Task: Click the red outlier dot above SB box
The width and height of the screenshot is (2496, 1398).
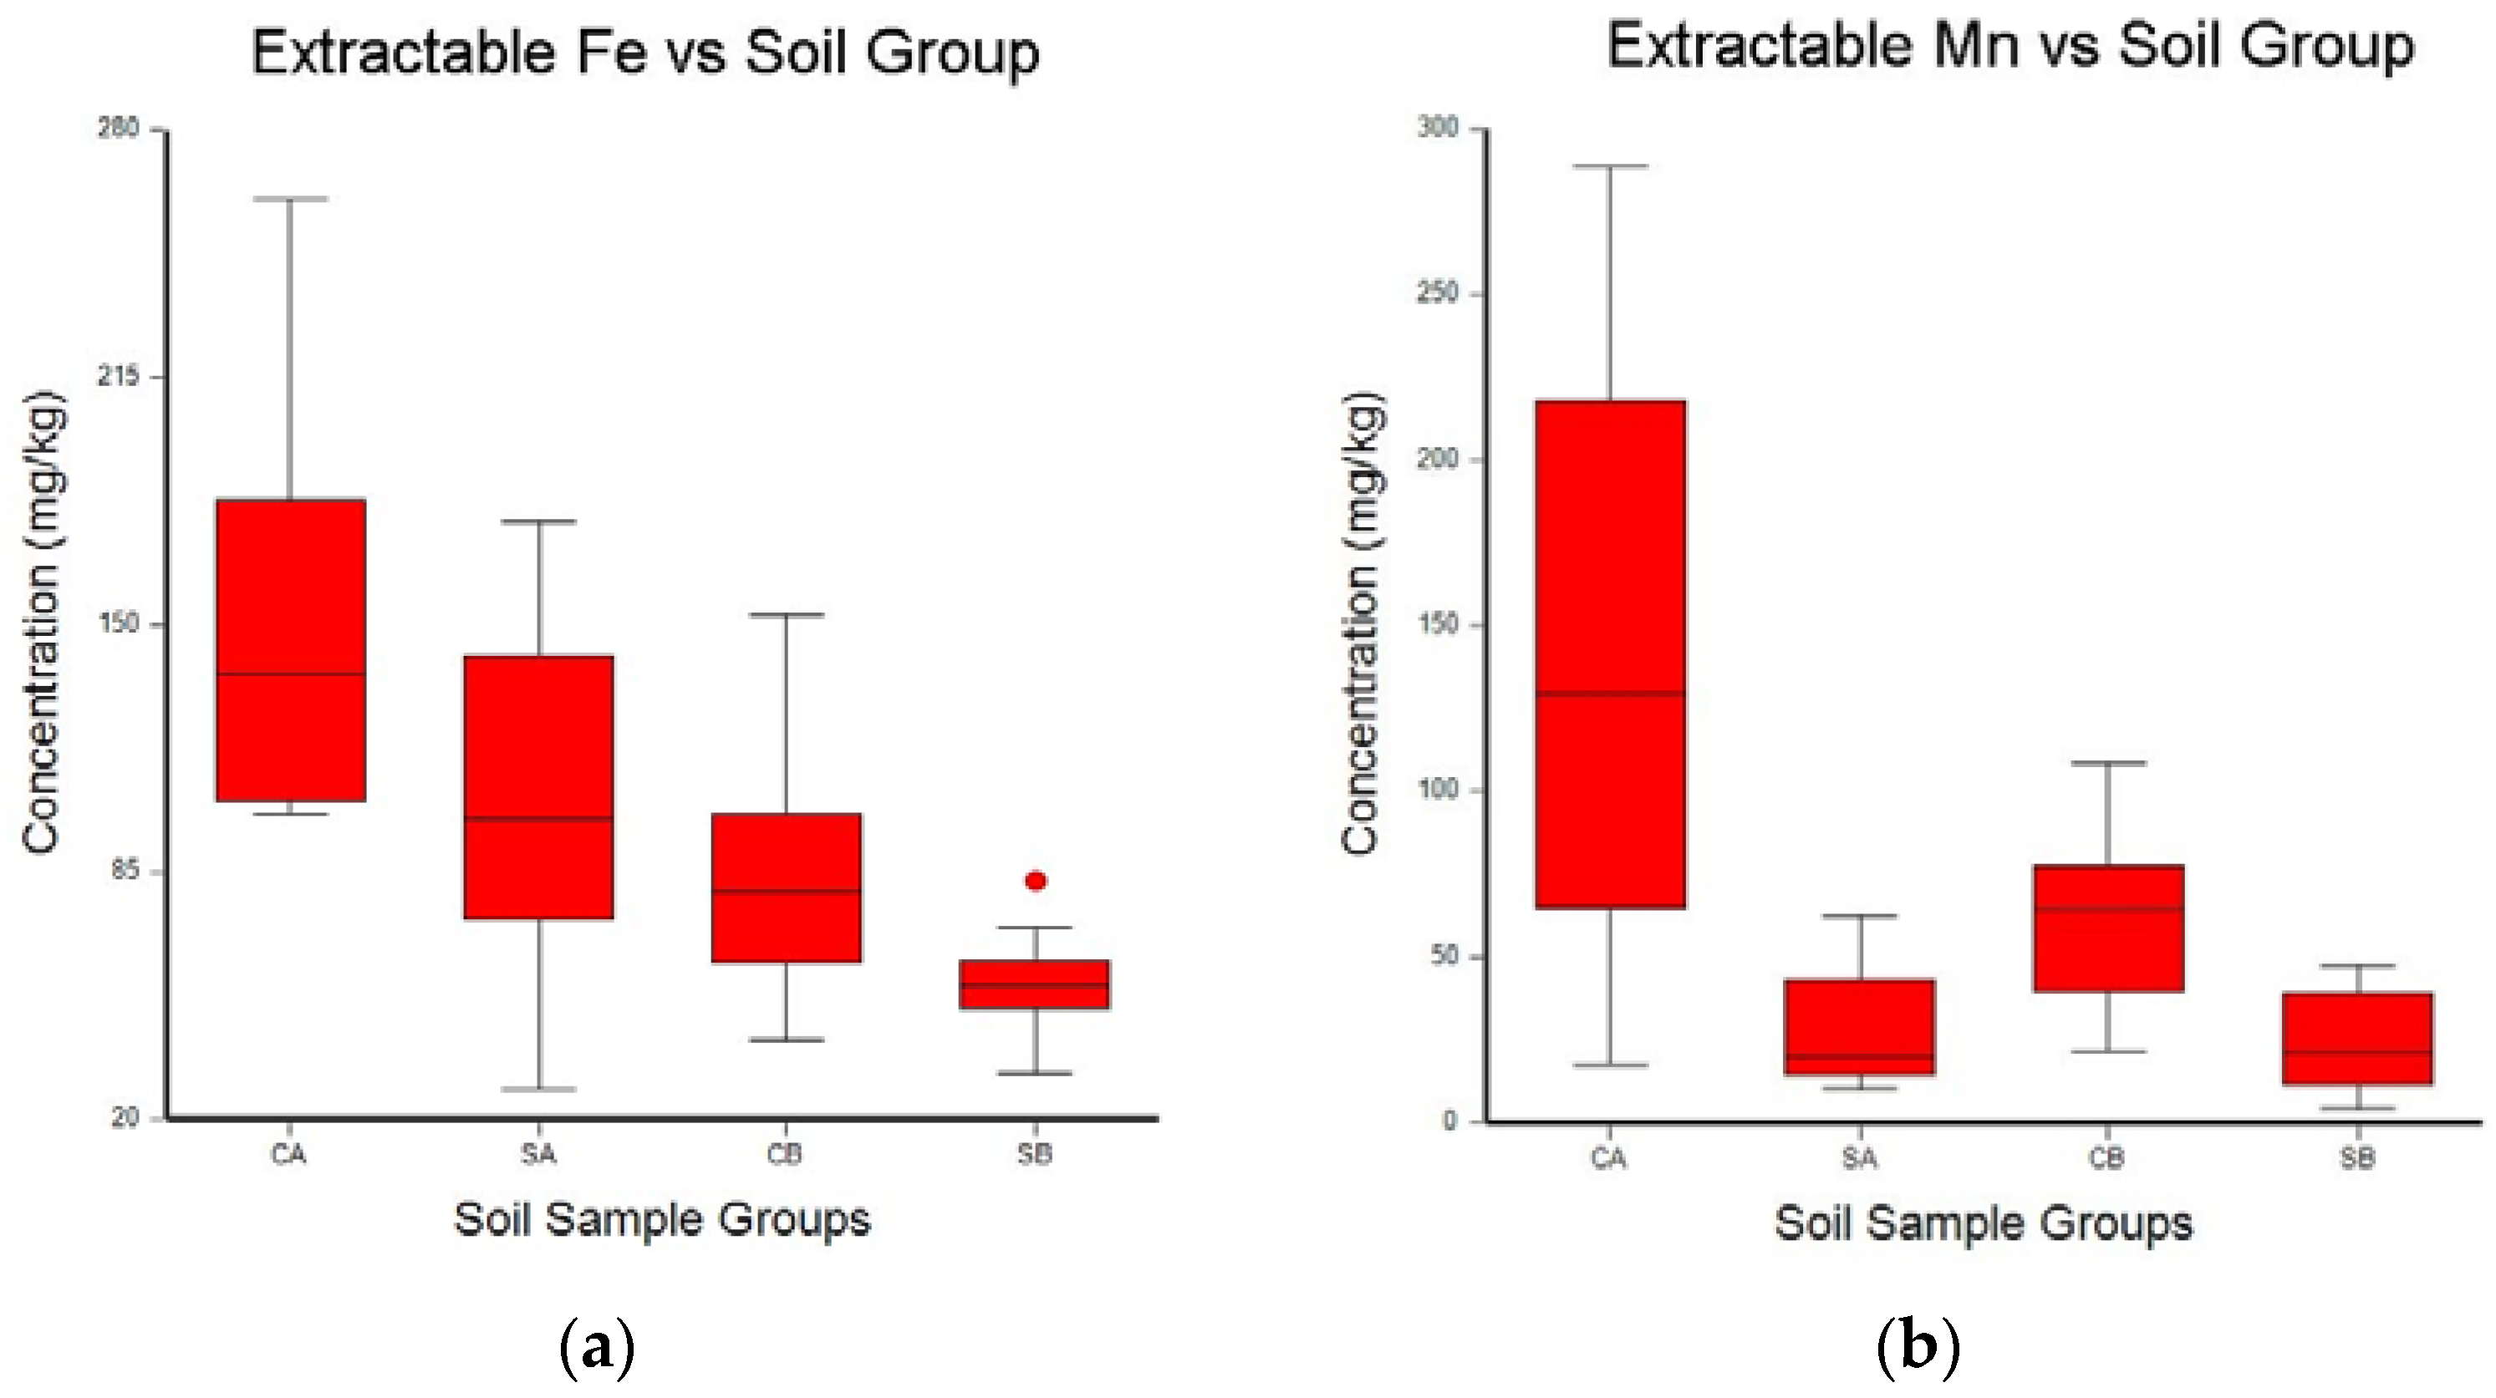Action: [1036, 881]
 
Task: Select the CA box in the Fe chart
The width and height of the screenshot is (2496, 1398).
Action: [291, 649]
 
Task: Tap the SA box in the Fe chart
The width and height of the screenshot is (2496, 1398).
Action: [538, 786]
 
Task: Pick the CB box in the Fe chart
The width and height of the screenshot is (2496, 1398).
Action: [787, 887]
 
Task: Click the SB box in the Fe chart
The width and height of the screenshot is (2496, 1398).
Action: [1035, 984]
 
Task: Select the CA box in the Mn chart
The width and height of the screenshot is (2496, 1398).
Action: [1611, 654]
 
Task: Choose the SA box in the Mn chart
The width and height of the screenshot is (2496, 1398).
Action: [1861, 1027]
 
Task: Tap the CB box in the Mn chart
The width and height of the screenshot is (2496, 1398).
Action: [2108, 928]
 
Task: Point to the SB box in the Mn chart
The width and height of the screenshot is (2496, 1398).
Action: [2358, 1039]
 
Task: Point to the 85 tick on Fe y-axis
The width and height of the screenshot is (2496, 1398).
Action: [126, 869]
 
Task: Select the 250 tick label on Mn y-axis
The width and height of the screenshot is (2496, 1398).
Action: [1437, 292]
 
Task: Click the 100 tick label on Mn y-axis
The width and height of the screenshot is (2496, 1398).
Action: [1437, 790]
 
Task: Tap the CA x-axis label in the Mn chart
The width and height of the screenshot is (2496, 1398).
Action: [1608, 1157]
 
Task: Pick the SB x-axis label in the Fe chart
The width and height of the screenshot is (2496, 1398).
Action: [1035, 1154]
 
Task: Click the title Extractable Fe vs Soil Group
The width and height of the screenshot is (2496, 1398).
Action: [645, 53]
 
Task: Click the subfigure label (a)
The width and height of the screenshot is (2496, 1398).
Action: [598, 1348]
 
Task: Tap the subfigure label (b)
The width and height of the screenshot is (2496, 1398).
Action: [1918, 1348]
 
